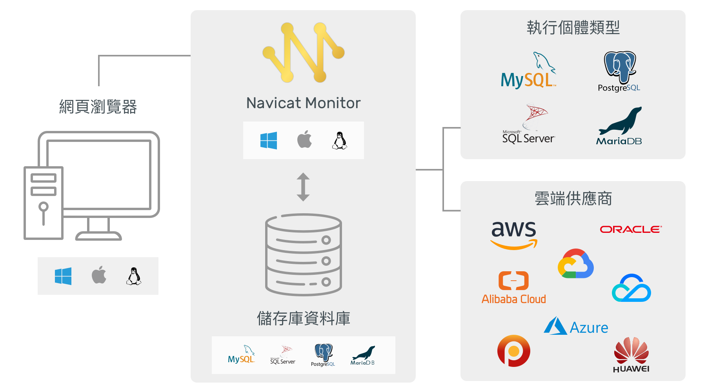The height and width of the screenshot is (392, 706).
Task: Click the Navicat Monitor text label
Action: point(303,103)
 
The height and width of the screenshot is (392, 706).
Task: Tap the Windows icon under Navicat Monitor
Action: point(269,140)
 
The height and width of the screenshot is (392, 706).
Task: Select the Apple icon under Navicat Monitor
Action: point(304,140)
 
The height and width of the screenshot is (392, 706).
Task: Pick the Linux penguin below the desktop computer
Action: point(134,276)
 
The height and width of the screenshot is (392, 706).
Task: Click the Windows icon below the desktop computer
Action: point(63,276)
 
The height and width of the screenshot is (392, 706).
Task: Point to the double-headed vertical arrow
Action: point(303,187)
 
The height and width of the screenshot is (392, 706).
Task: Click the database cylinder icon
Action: point(303,255)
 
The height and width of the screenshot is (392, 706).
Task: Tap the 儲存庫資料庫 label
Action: point(303,318)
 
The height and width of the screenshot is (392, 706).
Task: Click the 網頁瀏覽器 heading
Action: point(98,107)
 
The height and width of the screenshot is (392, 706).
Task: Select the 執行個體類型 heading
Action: point(573,28)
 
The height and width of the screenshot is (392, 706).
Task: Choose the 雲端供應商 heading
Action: point(573,199)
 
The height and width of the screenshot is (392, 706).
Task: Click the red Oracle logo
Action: point(631,229)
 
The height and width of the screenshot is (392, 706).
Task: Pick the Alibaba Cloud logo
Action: point(514,288)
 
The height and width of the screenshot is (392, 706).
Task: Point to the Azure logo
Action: point(576,327)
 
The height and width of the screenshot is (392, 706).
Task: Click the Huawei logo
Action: point(631,355)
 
